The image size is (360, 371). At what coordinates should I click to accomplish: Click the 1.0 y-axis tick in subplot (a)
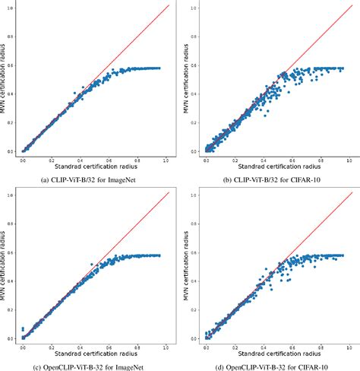pyautogui.click(x=11, y=8)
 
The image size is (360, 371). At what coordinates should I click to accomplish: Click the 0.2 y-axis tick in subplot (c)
pyautogui.click(x=11, y=310)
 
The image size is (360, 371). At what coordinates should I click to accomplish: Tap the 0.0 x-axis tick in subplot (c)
pyautogui.click(x=23, y=346)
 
